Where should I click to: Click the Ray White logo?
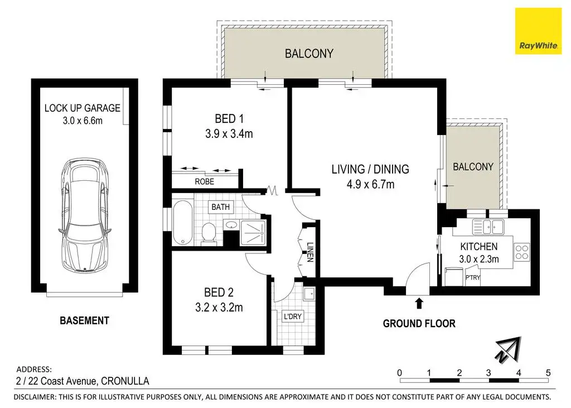(x=538, y=31)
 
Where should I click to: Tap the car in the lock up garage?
(x=85, y=215)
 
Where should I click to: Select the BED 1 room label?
(x=229, y=119)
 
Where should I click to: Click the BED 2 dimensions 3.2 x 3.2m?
(x=219, y=308)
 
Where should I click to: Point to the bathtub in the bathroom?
(x=182, y=222)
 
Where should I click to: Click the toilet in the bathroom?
(x=209, y=233)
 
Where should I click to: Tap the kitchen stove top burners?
(x=522, y=252)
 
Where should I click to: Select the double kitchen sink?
(x=488, y=227)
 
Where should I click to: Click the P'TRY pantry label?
(x=473, y=277)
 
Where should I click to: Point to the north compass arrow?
(x=509, y=350)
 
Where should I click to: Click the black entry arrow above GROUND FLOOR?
(x=419, y=303)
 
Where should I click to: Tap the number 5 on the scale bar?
(x=548, y=373)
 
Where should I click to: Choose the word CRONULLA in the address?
(x=125, y=381)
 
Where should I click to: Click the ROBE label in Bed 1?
(x=204, y=181)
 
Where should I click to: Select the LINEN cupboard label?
(x=310, y=252)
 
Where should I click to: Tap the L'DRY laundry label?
(x=293, y=316)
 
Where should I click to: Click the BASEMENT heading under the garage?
(x=85, y=320)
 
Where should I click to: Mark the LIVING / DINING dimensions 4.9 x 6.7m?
(x=370, y=184)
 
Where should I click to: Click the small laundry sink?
(x=309, y=294)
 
